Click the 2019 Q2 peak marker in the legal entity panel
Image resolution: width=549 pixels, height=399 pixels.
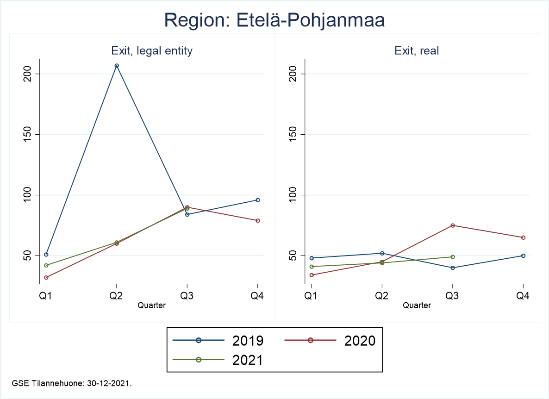pos(117,66)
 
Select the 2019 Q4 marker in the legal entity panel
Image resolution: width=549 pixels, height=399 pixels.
pos(258,200)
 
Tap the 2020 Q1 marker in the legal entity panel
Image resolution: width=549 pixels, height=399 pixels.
pos(46,277)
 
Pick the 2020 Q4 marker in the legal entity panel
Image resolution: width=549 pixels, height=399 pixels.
pos(258,220)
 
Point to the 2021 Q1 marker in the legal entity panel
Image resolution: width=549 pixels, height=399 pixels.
pos(46,265)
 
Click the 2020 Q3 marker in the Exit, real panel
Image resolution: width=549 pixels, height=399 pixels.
pos(453,225)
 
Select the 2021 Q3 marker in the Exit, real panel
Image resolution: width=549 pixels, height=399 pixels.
pos(453,257)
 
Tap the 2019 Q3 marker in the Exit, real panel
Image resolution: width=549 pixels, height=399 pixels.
pos(453,268)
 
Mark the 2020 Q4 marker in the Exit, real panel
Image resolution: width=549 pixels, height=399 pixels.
pos(523,237)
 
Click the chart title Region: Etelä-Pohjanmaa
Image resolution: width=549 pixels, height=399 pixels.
pos(274,21)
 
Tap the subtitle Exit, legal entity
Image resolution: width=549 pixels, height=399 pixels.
pos(152,51)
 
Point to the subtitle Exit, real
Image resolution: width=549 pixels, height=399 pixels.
pos(417,51)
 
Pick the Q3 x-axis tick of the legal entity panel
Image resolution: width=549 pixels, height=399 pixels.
pos(187,296)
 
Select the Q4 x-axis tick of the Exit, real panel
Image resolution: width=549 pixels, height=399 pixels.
pos(523,296)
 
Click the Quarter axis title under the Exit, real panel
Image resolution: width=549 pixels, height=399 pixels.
pos(417,305)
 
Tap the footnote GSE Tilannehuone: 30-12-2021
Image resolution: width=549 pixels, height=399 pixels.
pos(73,383)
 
